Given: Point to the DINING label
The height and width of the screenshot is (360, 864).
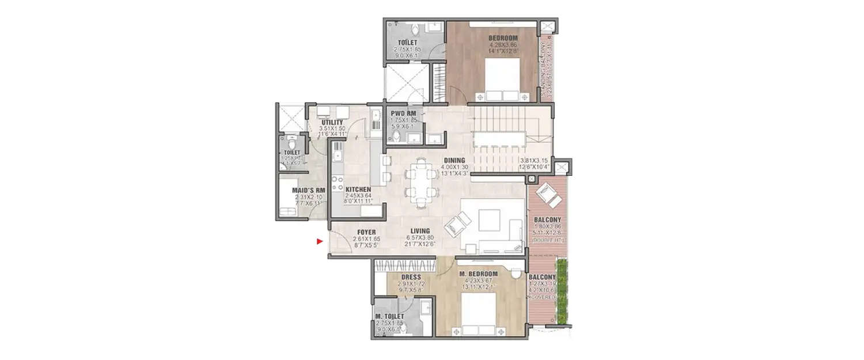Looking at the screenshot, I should pyautogui.click(x=454, y=161).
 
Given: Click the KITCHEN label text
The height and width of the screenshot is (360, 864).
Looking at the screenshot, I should pyautogui.click(x=358, y=190).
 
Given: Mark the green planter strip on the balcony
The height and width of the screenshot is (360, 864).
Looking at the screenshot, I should pyautogui.click(x=561, y=291).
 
